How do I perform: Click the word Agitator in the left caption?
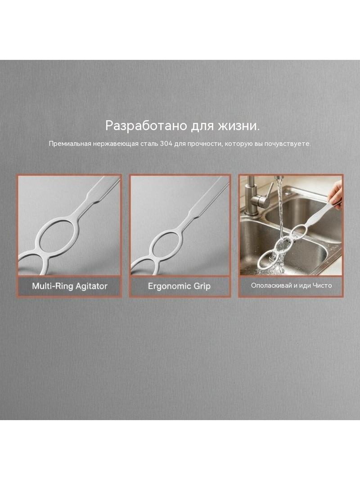pos(91,286)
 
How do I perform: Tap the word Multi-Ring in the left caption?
pos(53,286)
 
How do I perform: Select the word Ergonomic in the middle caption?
pos(170,286)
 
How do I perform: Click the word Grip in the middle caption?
pos(202,286)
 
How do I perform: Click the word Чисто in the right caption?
pos(322,285)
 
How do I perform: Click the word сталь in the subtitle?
pos(149,144)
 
